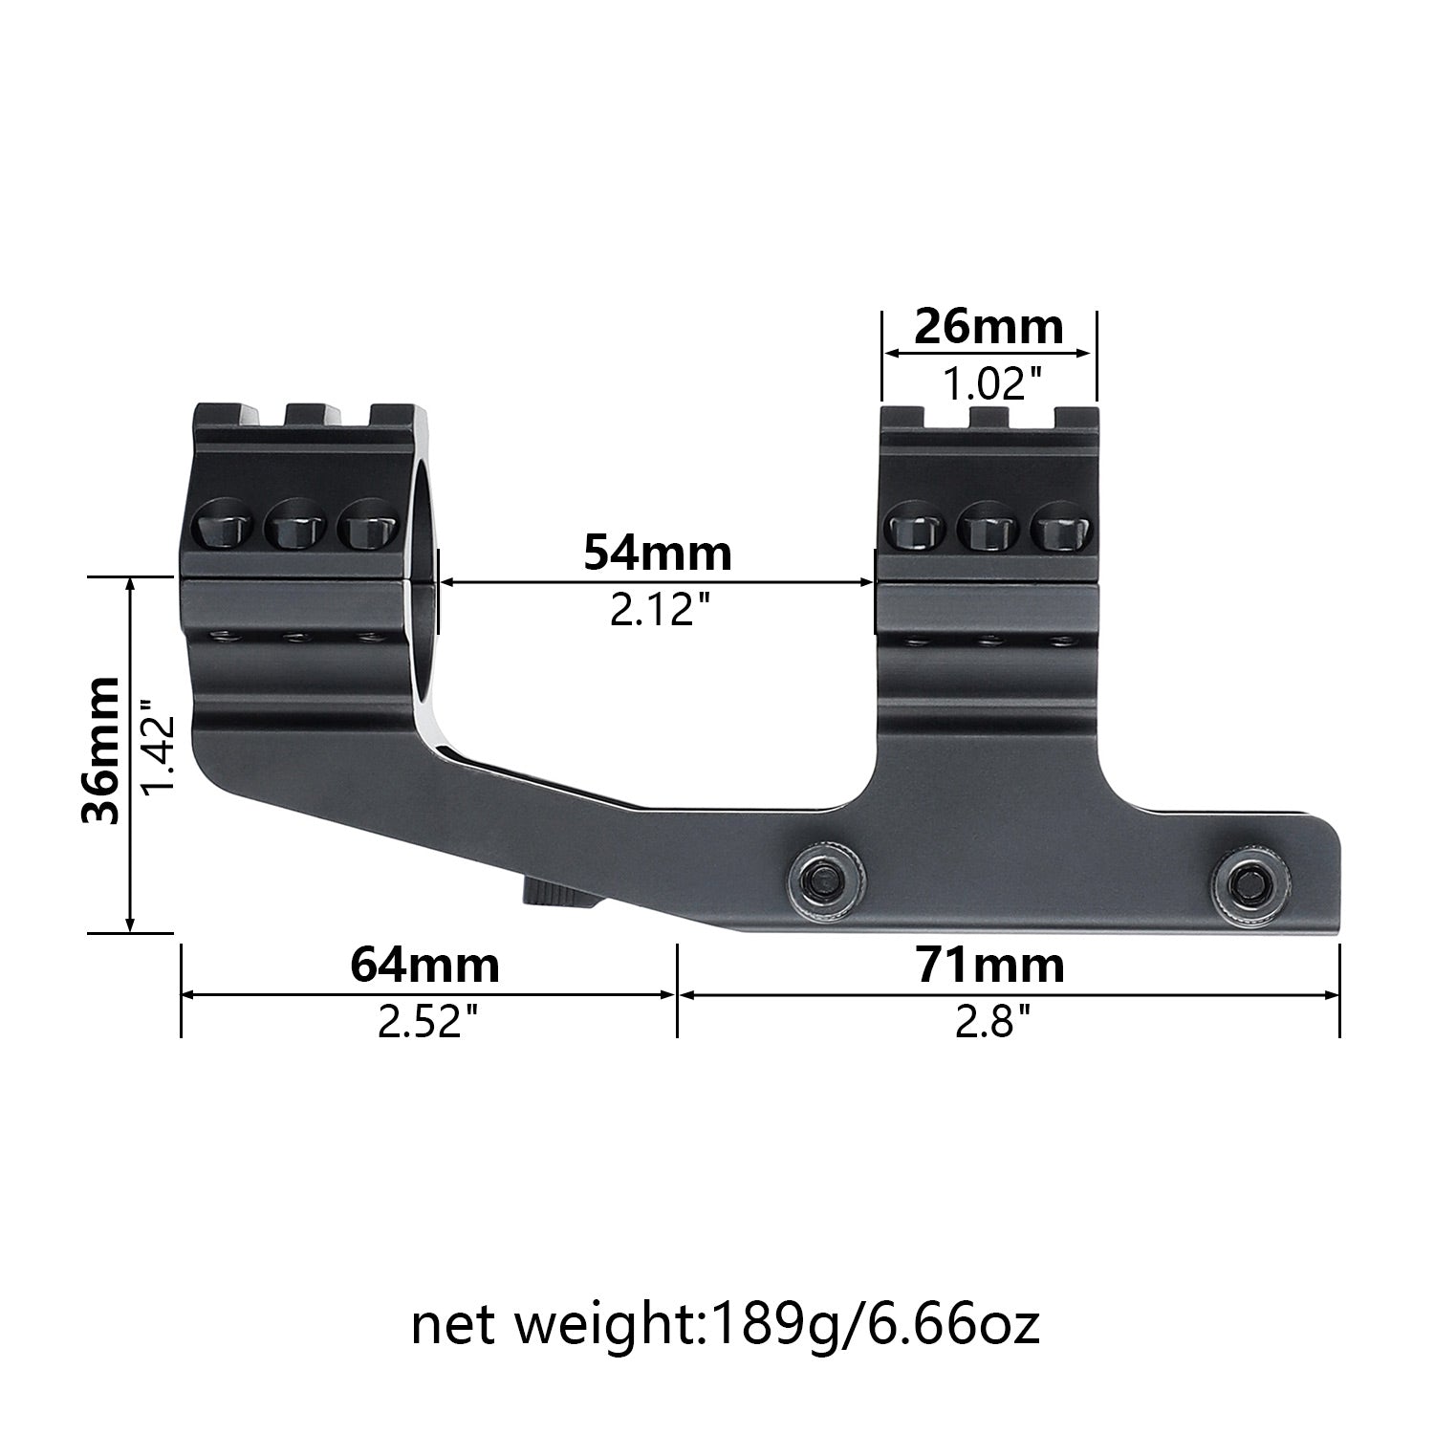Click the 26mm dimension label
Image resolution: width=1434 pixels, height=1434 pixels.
989,328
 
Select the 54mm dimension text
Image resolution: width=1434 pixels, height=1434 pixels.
658,553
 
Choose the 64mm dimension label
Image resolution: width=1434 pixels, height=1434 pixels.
424,966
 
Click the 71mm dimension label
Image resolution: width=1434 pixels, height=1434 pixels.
990,966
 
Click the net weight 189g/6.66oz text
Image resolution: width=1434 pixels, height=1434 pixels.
725,1325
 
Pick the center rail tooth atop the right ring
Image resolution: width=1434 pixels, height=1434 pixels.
989,417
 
